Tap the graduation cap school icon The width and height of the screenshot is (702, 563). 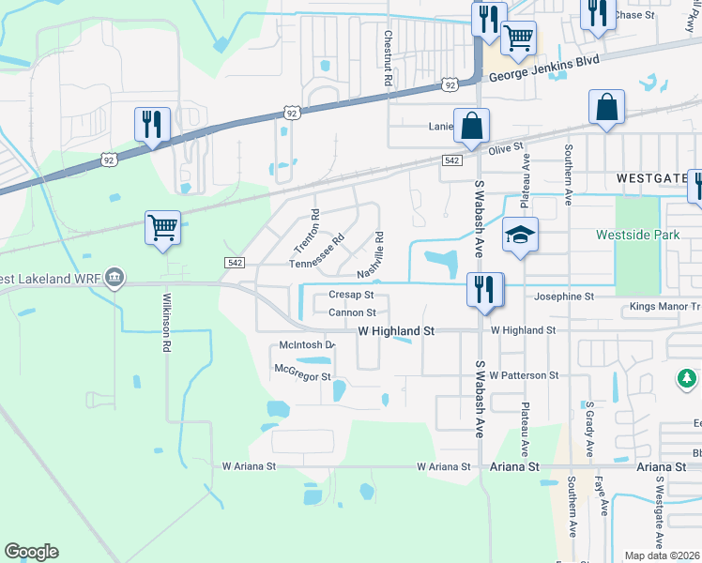pos(519,236)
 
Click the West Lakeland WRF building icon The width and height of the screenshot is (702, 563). pos(114,279)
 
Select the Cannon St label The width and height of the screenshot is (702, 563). pos(352,312)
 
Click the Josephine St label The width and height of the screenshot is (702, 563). pos(564,297)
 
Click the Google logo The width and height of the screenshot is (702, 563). pos(31,552)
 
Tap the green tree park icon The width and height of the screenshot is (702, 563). pos(687,378)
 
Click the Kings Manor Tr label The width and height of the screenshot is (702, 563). pos(665,307)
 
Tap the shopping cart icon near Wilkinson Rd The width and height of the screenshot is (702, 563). pos(162,226)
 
